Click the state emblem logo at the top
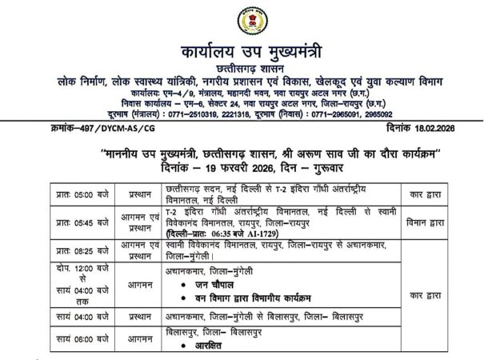[x=242, y=20]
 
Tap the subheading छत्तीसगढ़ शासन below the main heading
[x=242, y=67]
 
